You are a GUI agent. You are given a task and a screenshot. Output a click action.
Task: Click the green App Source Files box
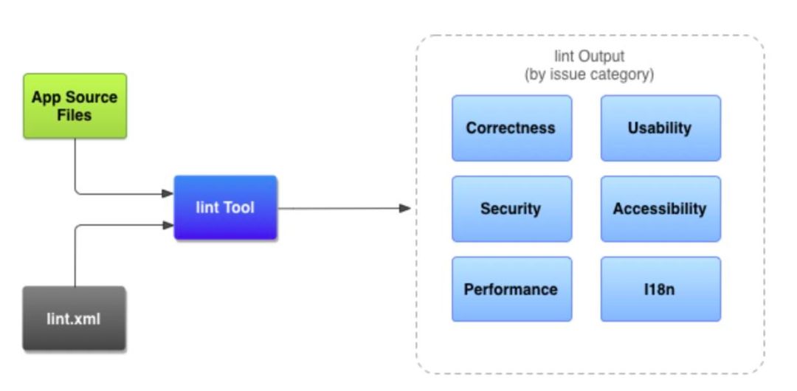click(75, 105)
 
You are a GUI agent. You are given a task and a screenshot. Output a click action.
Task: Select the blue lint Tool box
click(225, 207)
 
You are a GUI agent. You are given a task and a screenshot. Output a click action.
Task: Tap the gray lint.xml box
click(75, 318)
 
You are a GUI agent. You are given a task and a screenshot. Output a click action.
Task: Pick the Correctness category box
click(511, 128)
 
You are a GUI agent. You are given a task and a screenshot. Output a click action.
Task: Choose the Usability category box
click(660, 128)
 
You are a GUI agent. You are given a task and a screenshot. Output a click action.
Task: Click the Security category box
click(511, 209)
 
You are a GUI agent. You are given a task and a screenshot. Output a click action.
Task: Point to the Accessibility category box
click(660, 209)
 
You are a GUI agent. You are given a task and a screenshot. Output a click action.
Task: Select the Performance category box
click(511, 288)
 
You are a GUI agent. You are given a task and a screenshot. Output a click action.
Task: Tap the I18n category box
click(660, 288)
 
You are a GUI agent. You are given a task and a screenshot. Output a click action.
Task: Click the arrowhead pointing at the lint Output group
click(404, 208)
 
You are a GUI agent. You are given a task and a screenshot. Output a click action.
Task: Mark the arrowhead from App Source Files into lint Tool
click(168, 193)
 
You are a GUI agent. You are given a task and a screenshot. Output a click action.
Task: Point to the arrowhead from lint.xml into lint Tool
click(168, 225)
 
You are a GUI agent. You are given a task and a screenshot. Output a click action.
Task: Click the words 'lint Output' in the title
click(589, 56)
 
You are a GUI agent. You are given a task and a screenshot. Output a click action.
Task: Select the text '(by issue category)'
click(589, 75)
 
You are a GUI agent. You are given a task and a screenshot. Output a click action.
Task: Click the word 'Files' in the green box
click(75, 115)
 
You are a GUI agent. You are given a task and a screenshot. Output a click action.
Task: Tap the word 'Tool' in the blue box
click(238, 207)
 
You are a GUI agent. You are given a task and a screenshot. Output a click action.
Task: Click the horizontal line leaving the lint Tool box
click(339, 208)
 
